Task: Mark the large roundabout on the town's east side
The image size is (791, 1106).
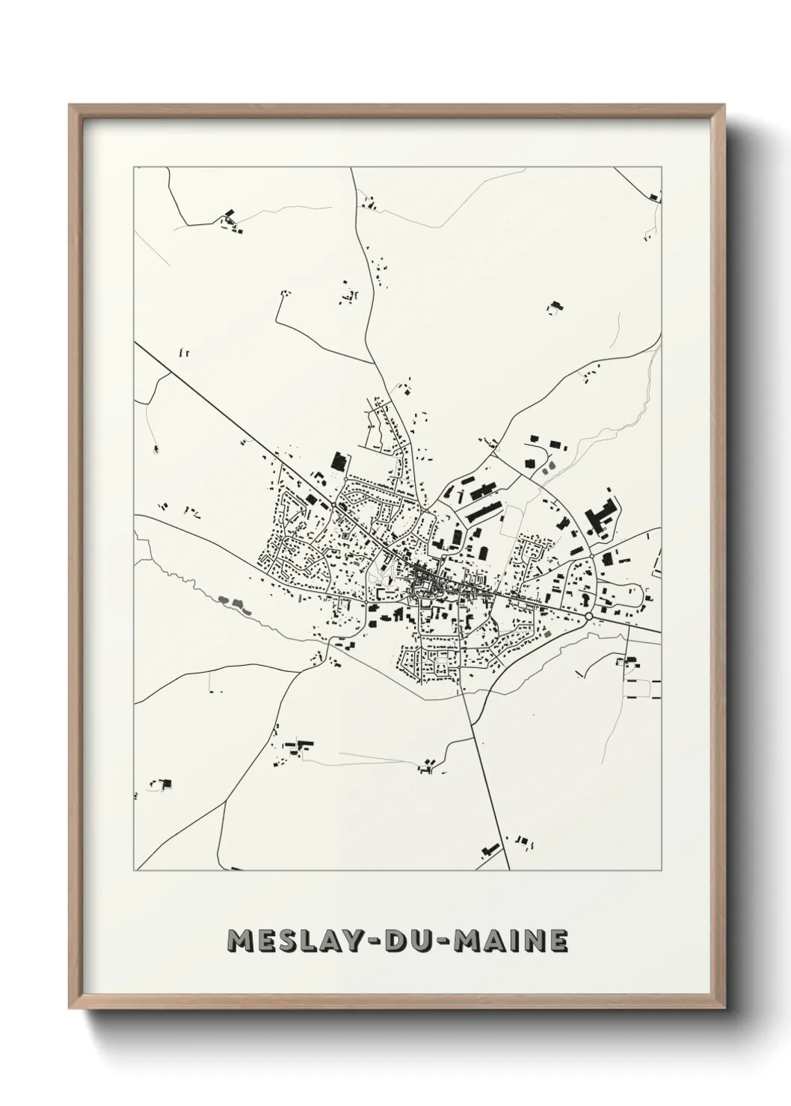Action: (x=590, y=615)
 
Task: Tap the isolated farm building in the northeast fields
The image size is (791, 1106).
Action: (x=555, y=306)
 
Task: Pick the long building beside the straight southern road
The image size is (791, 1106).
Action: (x=490, y=849)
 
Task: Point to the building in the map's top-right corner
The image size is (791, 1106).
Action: (x=654, y=197)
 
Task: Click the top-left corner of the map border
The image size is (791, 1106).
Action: (x=134, y=167)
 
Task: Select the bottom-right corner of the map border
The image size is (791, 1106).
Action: (x=661, y=871)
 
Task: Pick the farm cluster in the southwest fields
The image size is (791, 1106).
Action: (x=296, y=748)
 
